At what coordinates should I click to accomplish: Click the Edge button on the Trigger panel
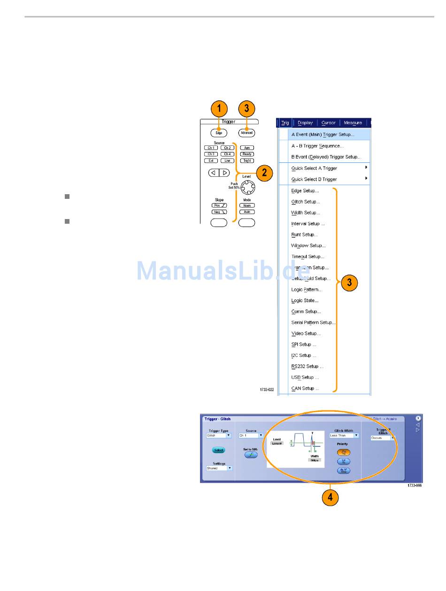pyautogui.click(x=219, y=133)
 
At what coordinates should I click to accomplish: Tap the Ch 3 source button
pyautogui.click(x=211, y=154)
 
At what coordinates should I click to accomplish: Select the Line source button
pyautogui.click(x=227, y=160)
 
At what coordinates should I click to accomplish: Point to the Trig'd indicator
pyautogui.click(x=246, y=160)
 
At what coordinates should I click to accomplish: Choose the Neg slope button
pyautogui.click(x=219, y=212)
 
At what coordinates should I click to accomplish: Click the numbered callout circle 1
pyautogui.click(x=219, y=109)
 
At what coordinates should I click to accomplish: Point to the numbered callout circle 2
pyautogui.click(x=264, y=173)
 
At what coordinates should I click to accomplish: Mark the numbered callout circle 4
pyautogui.click(x=331, y=498)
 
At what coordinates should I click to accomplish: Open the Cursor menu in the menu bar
pyautogui.click(x=328, y=123)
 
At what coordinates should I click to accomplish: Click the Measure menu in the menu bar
pyautogui.click(x=353, y=123)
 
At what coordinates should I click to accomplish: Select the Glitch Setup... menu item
pyautogui.click(x=306, y=202)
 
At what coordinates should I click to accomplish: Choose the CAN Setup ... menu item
pyautogui.click(x=305, y=388)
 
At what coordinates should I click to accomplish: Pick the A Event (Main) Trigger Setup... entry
pyautogui.click(x=323, y=135)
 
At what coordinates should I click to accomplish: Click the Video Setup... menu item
pyautogui.click(x=306, y=333)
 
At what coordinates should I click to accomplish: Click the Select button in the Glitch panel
pyautogui.click(x=218, y=450)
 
